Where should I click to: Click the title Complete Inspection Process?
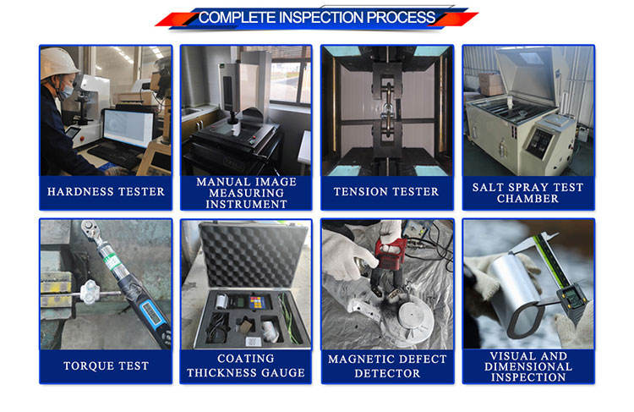coord(317,18)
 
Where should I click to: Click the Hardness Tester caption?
coord(106,191)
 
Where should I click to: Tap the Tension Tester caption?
coord(386,191)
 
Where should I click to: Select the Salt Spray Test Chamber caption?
coord(527,193)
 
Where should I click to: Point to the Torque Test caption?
coord(106,365)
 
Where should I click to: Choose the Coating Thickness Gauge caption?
coord(246,365)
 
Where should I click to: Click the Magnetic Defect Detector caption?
coord(387,365)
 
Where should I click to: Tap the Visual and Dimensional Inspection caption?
coord(528,366)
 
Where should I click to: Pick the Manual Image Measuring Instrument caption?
coord(246,193)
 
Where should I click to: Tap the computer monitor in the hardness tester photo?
coord(128,129)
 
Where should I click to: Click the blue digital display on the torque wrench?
coord(151,315)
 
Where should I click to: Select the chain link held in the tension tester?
coord(388,108)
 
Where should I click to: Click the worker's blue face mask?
coord(66,91)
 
